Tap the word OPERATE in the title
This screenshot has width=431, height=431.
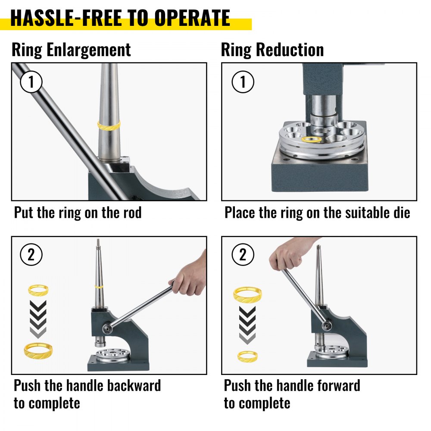click(192, 18)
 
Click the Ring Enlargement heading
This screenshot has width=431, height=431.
click(71, 50)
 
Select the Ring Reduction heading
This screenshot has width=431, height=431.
click(272, 50)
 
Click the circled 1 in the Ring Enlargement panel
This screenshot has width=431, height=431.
click(31, 82)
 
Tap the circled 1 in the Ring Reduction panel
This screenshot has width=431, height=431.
click(243, 82)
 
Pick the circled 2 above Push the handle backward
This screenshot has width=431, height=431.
click(31, 255)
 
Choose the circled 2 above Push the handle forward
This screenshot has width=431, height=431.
click(243, 255)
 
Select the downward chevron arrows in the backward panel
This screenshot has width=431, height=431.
click(38, 319)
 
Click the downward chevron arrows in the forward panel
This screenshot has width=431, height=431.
click(247, 325)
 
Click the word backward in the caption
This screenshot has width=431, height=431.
click(134, 385)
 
